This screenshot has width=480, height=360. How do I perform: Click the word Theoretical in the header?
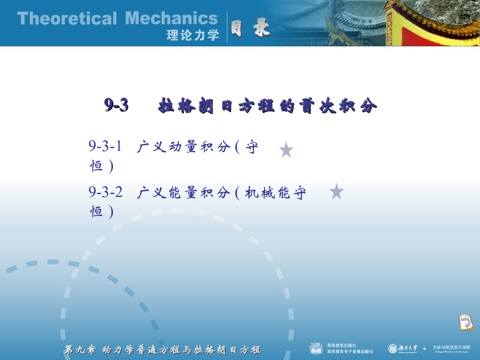(x=67, y=19)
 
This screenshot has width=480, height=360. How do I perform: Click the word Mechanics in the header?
(x=172, y=19)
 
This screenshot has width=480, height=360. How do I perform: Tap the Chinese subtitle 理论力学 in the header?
(x=193, y=35)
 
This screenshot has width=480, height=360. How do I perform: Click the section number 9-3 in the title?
(x=116, y=105)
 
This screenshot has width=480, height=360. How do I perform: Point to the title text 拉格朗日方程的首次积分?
(x=268, y=106)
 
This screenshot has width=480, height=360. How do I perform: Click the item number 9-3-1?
(x=105, y=146)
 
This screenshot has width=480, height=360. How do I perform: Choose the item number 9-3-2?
(x=105, y=192)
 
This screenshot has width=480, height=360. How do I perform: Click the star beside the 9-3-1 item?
(x=286, y=150)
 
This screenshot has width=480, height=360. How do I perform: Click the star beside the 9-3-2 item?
(x=337, y=192)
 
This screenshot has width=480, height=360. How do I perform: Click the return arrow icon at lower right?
(x=465, y=323)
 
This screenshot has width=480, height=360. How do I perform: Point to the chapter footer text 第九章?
(x=80, y=350)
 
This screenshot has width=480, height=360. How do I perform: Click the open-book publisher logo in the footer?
(x=316, y=348)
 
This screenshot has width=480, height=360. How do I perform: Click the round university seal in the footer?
(x=392, y=348)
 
